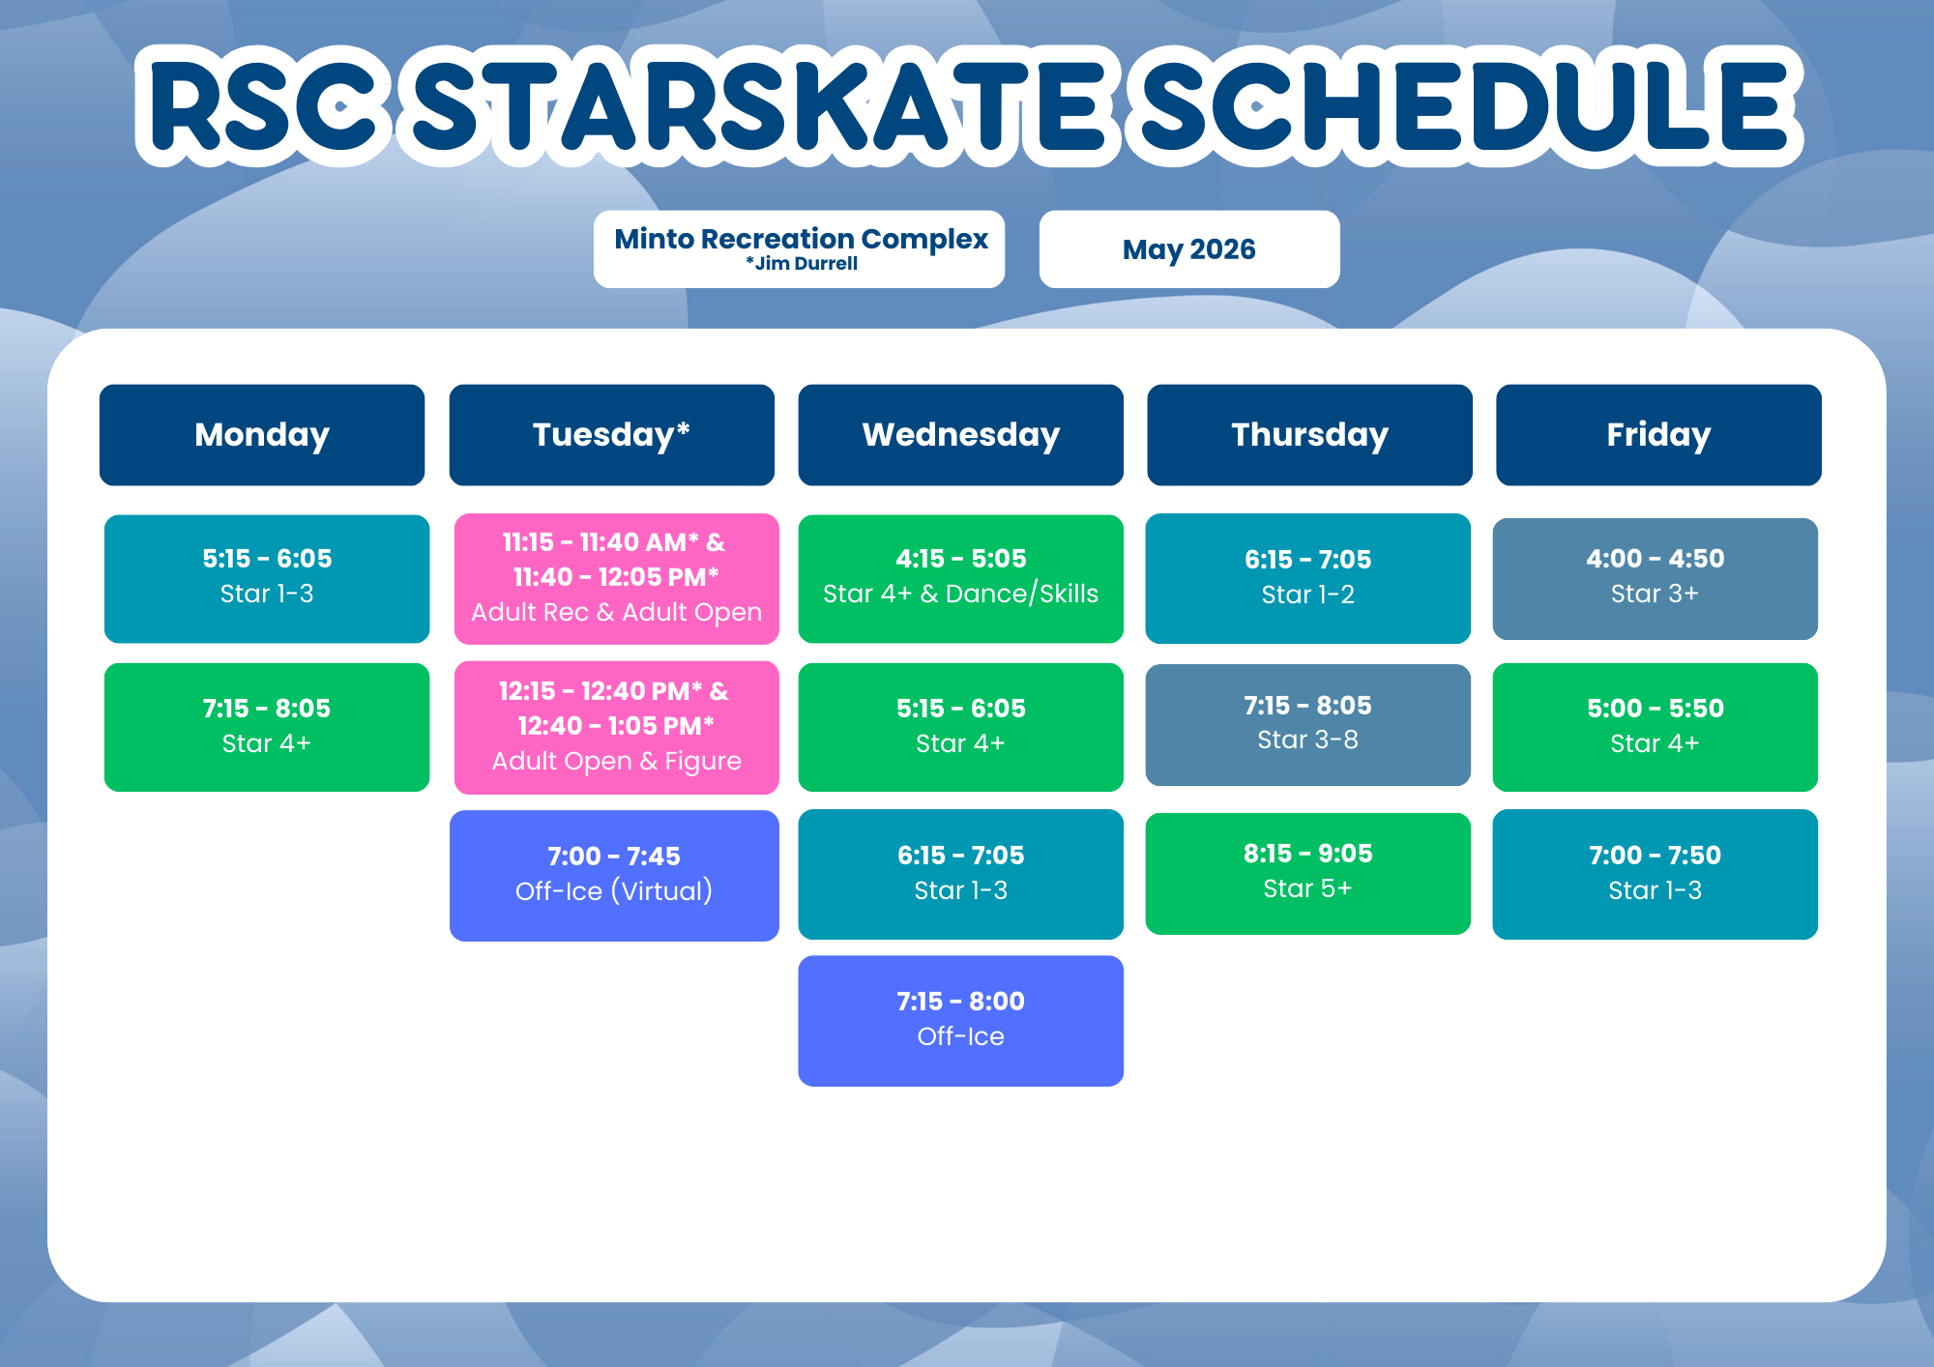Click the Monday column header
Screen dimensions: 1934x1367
coord(262,435)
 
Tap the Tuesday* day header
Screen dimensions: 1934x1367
coord(612,435)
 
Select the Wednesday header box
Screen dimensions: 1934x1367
coord(961,435)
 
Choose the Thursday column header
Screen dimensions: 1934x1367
coord(1310,435)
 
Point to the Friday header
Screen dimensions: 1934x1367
coord(1659,435)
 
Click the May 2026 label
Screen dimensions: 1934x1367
coord(1189,249)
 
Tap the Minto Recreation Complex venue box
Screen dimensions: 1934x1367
coord(800,249)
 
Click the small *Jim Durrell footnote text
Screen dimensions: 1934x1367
coord(802,264)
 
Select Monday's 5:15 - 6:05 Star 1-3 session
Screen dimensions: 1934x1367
coord(267,578)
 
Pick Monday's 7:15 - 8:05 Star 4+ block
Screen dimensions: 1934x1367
coord(267,727)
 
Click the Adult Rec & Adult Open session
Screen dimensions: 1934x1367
coord(617,578)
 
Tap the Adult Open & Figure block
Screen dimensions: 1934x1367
coord(617,727)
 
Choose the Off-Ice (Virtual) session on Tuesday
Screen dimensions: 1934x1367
coord(614,875)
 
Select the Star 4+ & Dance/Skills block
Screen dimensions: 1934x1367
coord(961,578)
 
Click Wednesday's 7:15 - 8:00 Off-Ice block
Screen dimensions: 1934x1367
coord(961,1021)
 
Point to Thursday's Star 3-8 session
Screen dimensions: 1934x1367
coord(1308,724)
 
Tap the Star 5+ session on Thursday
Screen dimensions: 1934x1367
coord(1308,873)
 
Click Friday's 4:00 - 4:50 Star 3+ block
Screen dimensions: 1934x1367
coord(1656,578)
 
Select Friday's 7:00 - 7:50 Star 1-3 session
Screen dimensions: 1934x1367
coord(1656,874)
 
